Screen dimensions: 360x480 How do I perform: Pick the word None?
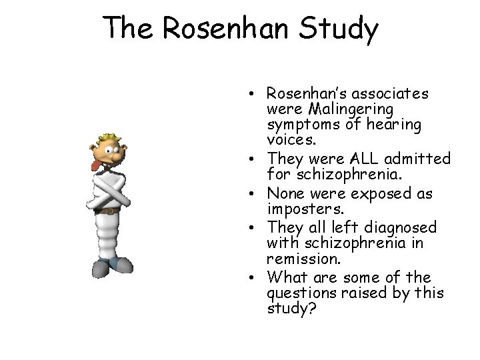pos(284,193)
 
